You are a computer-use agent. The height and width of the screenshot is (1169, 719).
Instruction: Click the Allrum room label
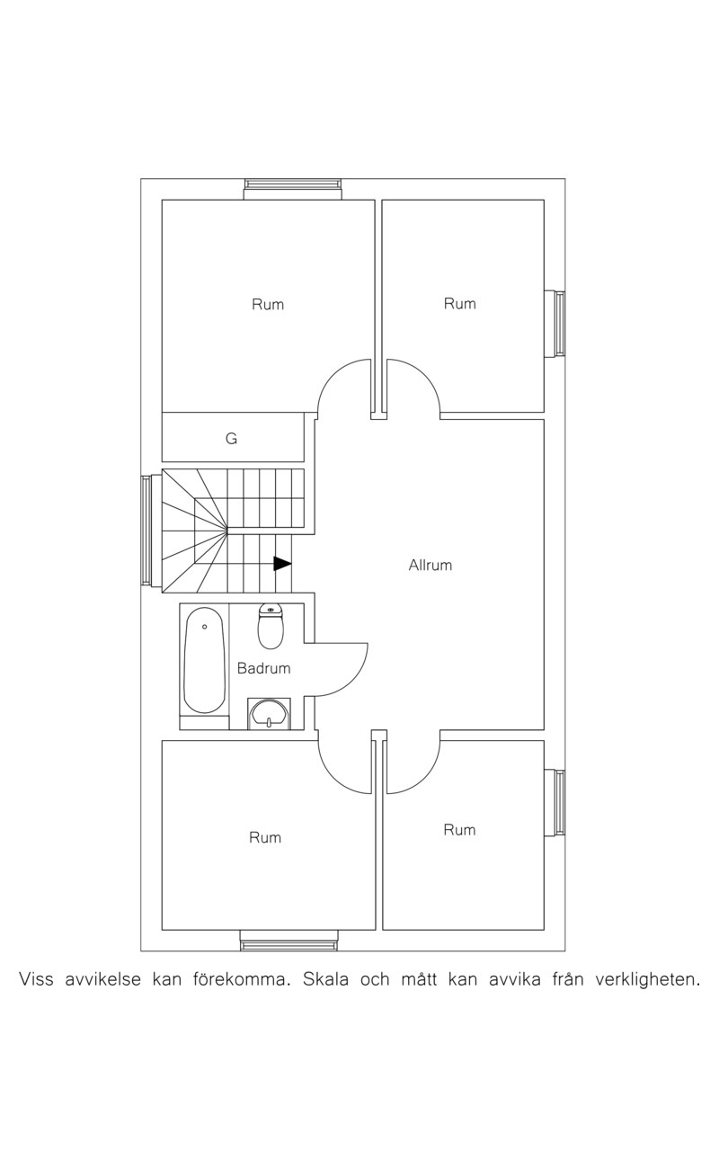coord(430,566)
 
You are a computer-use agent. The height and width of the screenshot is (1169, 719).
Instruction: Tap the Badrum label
coord(263,668)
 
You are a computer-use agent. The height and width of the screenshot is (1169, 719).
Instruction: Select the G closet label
coord(231,439)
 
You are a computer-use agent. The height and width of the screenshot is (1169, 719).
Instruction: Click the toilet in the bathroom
coord(271,626)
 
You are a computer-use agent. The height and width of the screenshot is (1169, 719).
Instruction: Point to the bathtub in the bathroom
coord(205,661)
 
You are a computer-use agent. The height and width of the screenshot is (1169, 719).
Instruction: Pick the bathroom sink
coord(270,713)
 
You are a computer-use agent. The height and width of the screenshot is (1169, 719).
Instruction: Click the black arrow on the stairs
coord(282,564)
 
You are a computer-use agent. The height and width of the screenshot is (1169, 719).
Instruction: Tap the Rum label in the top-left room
coord(268,304)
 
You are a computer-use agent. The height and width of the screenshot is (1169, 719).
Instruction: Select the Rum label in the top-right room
coord(459,304)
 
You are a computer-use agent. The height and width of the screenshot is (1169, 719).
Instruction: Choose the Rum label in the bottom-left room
coord(265,837)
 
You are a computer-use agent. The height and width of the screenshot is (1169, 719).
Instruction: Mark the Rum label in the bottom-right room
coord(459,830)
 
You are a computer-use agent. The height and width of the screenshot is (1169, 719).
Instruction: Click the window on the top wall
coord(293,189)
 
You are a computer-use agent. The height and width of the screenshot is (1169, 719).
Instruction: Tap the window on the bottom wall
coord(288,941)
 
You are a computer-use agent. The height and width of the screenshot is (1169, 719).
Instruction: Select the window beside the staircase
coord(151,531)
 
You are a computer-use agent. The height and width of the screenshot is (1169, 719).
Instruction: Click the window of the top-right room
coord(555,324)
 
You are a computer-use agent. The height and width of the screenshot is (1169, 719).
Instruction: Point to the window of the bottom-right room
coord(555,803)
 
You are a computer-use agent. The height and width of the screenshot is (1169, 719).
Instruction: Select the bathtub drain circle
coord(205,626)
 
